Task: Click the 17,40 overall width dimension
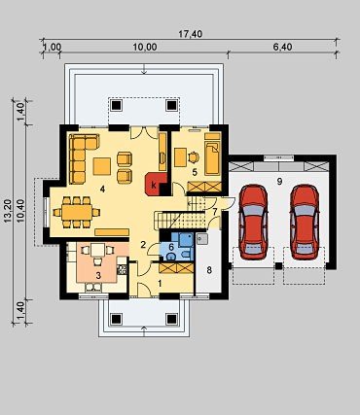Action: point(191,34)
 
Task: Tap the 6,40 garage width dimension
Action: point(282,47)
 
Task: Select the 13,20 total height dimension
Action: point(8,211)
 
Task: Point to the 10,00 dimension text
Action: point(145,47)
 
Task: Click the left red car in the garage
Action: point(253,222)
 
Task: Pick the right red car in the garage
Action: point(305,222)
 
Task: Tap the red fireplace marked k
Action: point(156,184)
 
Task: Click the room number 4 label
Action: point(102,190)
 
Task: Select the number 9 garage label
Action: point(279,182)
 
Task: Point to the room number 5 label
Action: point(195,172)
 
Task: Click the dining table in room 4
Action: point(77,212)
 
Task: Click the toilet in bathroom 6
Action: point(171,257)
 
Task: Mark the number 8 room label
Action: point(209,270)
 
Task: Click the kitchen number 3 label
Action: point(98,275)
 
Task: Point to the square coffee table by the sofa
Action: point(102,166)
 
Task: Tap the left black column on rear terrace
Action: point(117,105)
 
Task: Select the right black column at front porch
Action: point(171,319)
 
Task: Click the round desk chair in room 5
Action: point(194,157)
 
